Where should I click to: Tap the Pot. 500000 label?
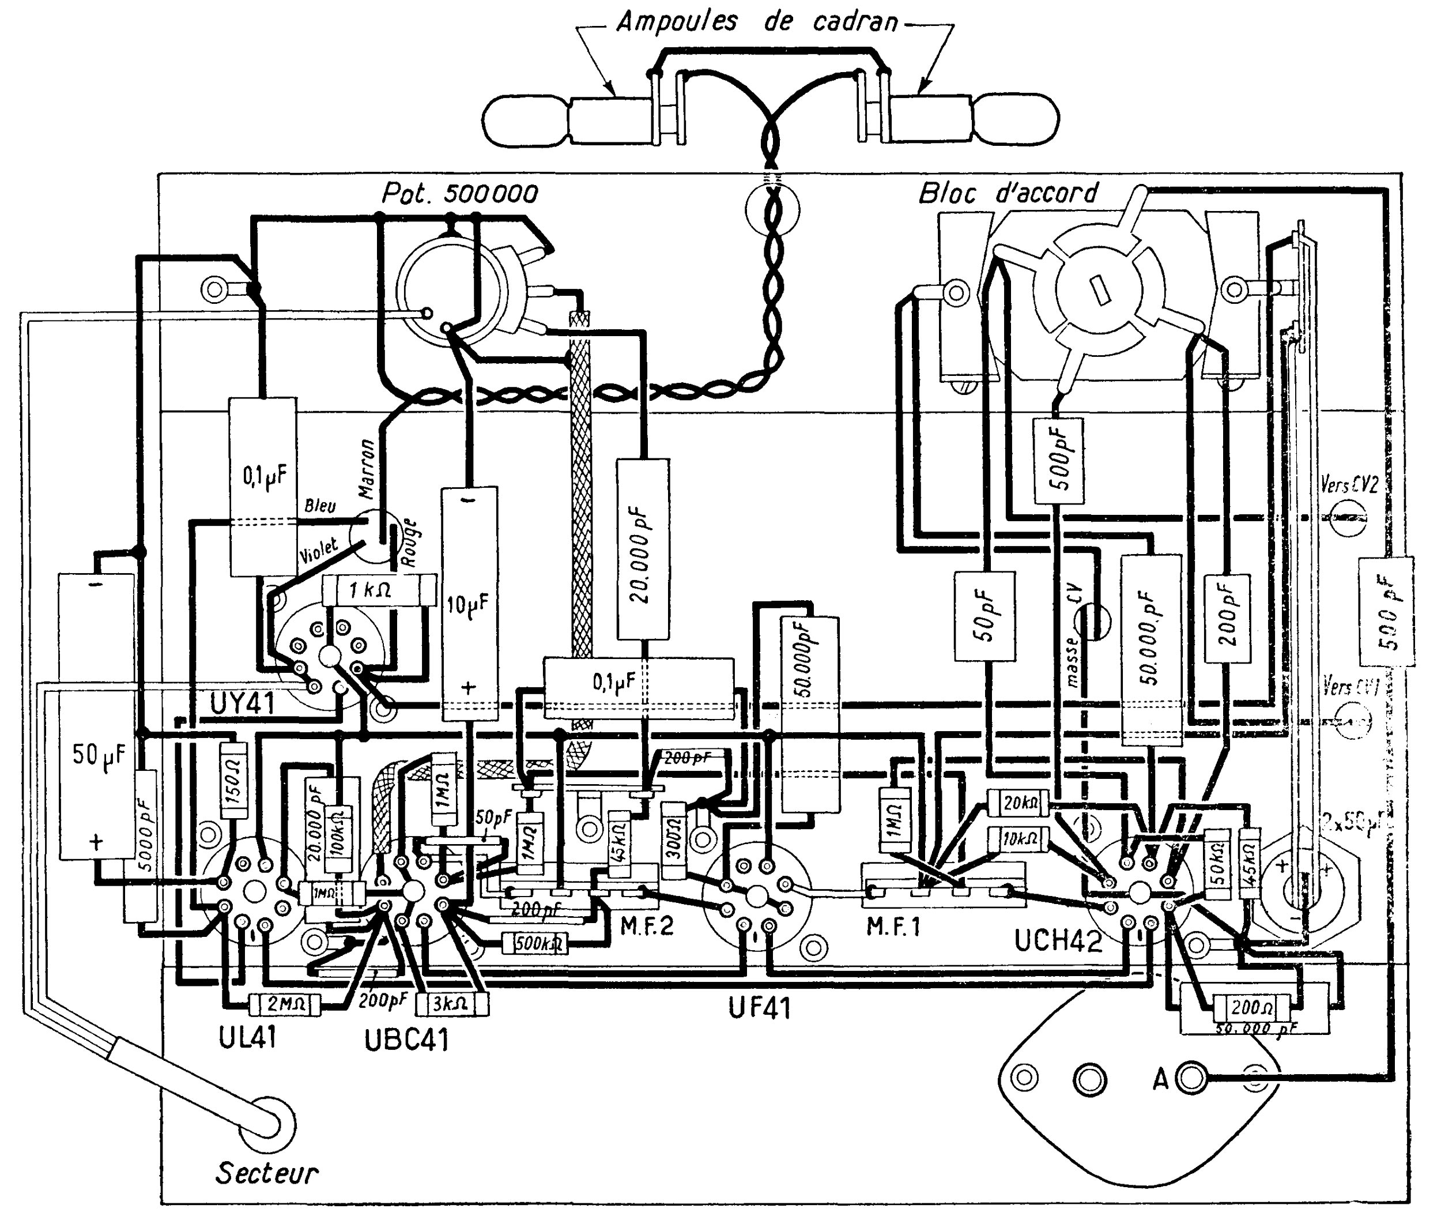point(460,194)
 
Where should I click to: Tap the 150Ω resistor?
point(233,780)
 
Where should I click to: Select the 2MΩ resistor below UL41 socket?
point(285,1004)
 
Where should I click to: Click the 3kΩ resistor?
point(451,1004)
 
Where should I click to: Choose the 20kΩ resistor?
point(1018,803)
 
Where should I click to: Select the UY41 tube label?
point(242,704)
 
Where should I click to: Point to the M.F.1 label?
point(894,927)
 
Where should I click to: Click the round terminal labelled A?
point(1190,1078)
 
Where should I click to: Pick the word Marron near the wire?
point(367,468)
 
